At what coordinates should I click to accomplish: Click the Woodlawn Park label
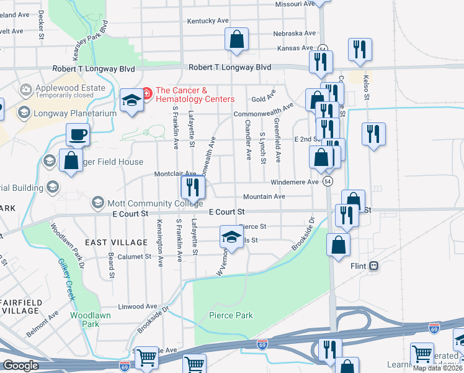click(85, 320)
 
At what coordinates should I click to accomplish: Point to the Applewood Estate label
click(70, 88)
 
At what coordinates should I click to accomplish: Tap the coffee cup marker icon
click(78, 134)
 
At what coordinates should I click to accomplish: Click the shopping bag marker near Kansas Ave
click(236, 39)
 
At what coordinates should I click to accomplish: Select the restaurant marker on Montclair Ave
click(192, 185)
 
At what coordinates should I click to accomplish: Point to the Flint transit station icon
click(373, 266)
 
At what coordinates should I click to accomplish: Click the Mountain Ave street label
click(268, 196)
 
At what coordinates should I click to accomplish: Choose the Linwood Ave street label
click(138, 306)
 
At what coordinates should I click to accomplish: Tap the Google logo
click(20, 366)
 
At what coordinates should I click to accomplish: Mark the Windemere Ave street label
click(295, 182)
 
